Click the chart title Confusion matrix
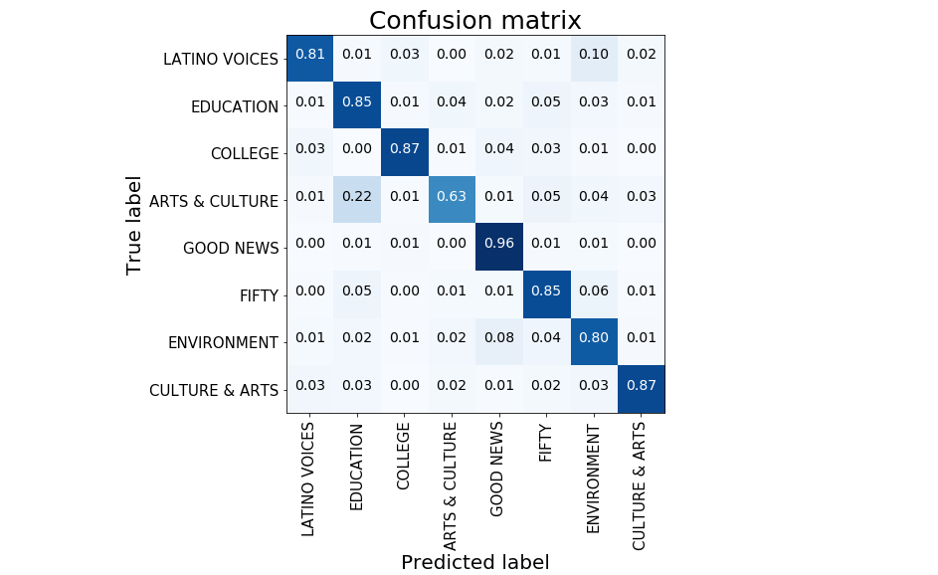pyautogui.click(x=475, y=20)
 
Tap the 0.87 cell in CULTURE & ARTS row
pyautogui.click(x=642, y=389)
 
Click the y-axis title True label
pyautogui.click(x=135, y=225)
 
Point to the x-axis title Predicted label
pyautogui.click(x=475, y=562)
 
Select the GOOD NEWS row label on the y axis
pyautogui.click(x=231, y=249)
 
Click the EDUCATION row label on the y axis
pyautogui.click(x=235, y=106)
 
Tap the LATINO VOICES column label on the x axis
pyautogui.click(x=308, y=479)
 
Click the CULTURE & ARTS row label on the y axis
pyautogui.click(x=214, y=391)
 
